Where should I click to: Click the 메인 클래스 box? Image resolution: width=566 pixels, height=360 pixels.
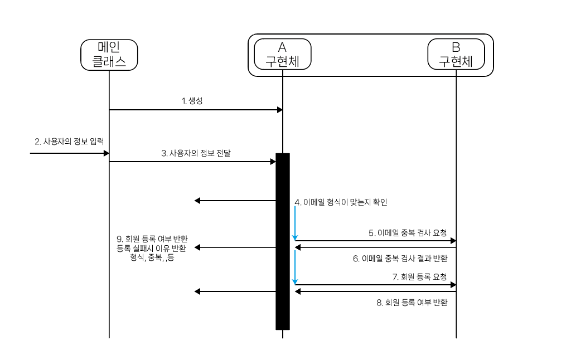109,55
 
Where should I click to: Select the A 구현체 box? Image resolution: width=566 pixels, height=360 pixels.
282,55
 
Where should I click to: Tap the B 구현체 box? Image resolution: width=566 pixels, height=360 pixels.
456,55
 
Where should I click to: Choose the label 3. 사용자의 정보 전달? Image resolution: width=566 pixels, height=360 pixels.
196,152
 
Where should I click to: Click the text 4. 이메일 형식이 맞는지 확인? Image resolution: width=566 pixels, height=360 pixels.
341,202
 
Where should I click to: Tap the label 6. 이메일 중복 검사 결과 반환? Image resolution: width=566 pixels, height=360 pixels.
400,259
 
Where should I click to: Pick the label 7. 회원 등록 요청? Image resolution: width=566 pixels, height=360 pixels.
420,276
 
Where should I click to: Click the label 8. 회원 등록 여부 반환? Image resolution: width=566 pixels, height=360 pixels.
412,303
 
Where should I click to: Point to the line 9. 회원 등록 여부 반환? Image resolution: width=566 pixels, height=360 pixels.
152,239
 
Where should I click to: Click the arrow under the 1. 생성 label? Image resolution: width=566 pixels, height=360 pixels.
196,110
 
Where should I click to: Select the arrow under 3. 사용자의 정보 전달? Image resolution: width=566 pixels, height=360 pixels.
192,162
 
